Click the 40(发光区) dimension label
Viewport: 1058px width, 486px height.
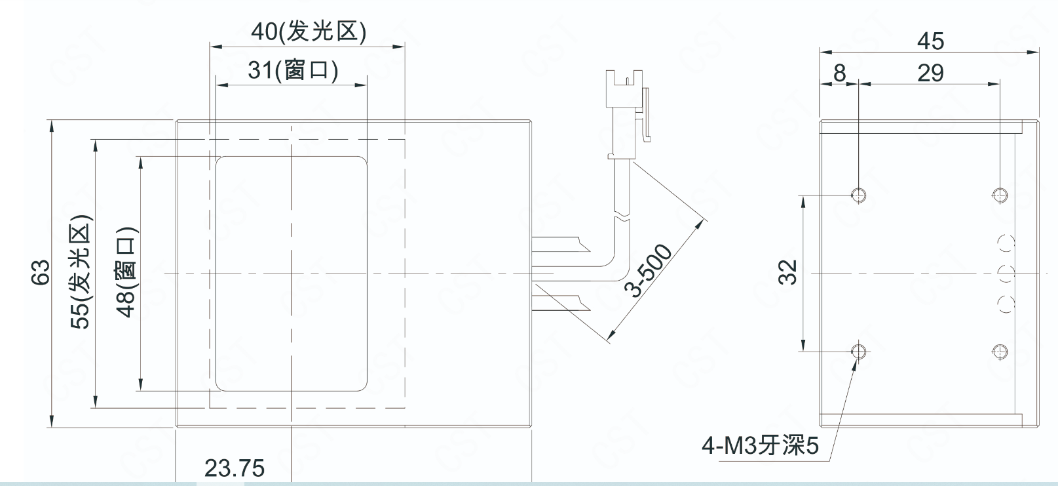(x=309, y=31)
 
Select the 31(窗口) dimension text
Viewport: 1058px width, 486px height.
(x=293, y=70)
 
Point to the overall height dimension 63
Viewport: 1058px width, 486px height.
(x=40, y=273)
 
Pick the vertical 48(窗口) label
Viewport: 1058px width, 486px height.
(x=126, y=272)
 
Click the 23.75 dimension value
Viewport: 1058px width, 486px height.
(x=235, y=468)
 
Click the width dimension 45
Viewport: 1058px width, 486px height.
(x=930, y=41)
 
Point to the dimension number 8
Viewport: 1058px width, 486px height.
(x=840, y=73)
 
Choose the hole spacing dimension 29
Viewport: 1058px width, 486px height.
(x=930, y=73)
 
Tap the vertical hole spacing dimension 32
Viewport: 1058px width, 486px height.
(x=790, y=272)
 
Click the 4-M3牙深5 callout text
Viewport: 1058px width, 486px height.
(x=760, y=447)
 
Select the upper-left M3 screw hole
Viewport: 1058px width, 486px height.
(x=858, y=194)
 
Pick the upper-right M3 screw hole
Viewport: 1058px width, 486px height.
(x=1000, y=194)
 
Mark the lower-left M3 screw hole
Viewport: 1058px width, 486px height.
(x=858, y=352)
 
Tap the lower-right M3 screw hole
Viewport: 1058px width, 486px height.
(x=1000, y=352)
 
